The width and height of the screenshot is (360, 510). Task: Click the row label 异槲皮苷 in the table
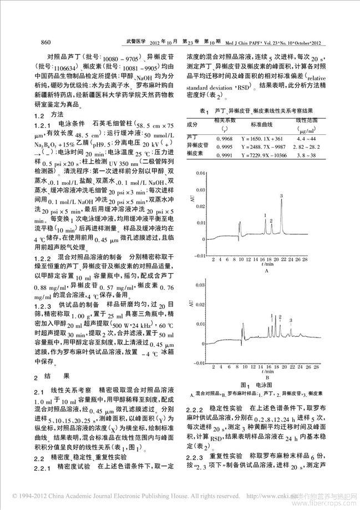tap(197, 147)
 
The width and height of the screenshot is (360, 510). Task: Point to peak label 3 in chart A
tap(282, 195)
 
